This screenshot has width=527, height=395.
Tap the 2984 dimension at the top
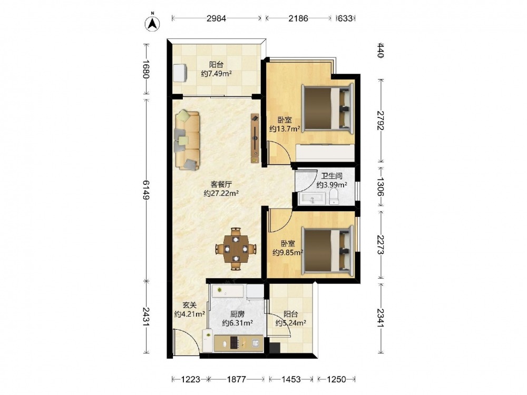pyautogui.click(x=216, y=18)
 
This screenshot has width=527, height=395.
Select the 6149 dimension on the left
pyautogui.click(x=145, y=190)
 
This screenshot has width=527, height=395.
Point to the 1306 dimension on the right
pyautogui.click(x=380, y=187)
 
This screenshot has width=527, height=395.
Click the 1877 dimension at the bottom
pyautogui.click(x=236, y=379)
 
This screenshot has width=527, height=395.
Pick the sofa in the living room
pyautogui.click(x=187, y=140)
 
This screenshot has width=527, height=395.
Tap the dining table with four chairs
pyautogui.click(x=236, y=249)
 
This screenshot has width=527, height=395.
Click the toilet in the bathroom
pyautogui.click(x=334, y=196)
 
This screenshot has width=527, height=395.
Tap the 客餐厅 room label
pyautogui.click(x=221, y=184)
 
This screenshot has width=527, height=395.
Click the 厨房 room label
pyautogui.click(x=237, y=314)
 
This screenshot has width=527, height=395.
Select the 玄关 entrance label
pyautogui.click(x=190, y=305)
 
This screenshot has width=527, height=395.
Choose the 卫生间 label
pyautogui.click(x=331, y=176)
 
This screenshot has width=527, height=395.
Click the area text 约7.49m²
pyautogui.click(x=216, y=74)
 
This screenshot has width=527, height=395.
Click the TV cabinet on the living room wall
pyautogui.click(x=255, y=138)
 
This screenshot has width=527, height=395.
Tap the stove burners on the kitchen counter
pyautogui.click(x=235, y=343)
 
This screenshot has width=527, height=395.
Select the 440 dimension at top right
pyautogui.click(x=380, y=51)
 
